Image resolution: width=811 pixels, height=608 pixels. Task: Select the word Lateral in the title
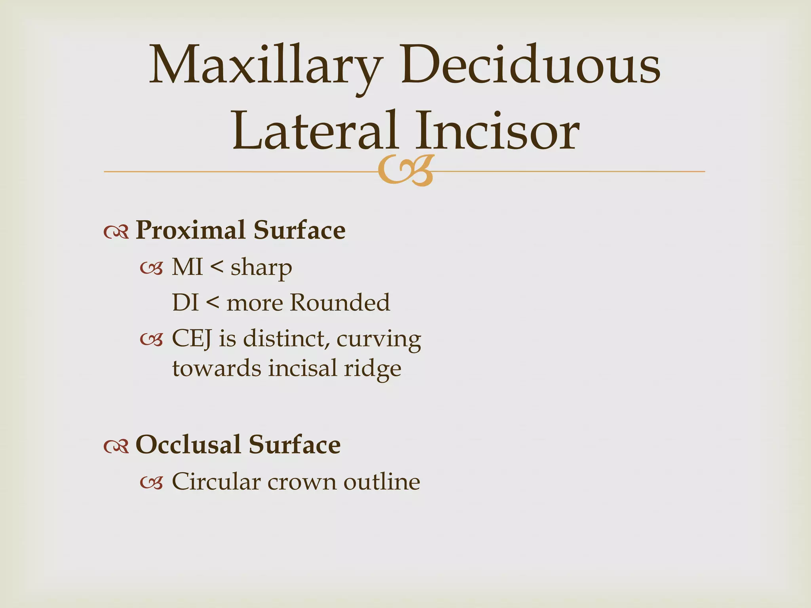pos(315,131)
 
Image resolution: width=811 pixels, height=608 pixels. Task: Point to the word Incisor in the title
pos(497,131)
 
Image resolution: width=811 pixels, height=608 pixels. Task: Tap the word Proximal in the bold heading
pos(190,230)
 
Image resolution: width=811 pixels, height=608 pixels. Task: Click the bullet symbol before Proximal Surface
pos(116,232)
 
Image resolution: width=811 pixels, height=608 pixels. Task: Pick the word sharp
pos(261,268)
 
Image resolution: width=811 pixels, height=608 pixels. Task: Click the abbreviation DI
pos(185,303)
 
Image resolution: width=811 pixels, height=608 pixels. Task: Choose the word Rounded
pos(340,303)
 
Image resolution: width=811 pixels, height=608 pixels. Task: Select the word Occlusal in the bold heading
pos(188,445)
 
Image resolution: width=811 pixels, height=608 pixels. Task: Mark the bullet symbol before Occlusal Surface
pos(116,446)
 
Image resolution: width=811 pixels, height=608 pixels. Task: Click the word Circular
pos(216,482)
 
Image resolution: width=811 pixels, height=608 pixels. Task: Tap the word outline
pos(382,482)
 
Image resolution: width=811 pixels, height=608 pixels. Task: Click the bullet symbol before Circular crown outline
pos(152,483)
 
